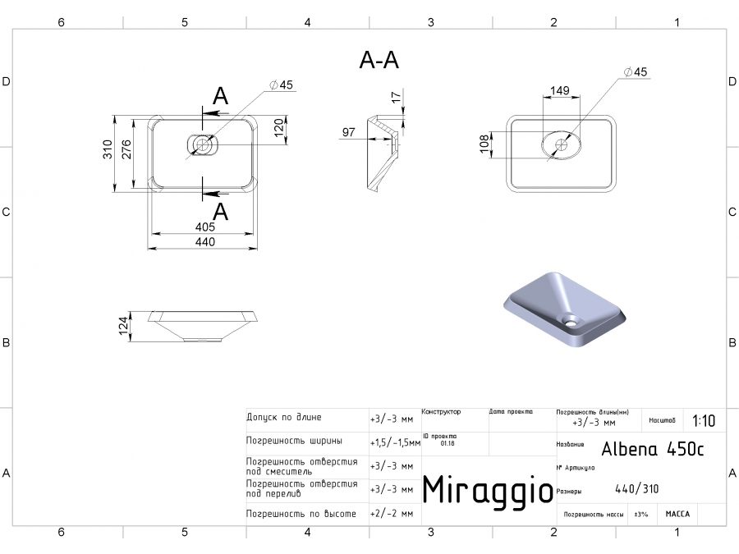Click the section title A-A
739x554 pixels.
(x=379, y=59)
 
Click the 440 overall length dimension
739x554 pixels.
(x=204, y=241)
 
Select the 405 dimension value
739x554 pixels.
(x=204, y=227)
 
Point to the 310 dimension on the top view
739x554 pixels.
(x=108, y=149)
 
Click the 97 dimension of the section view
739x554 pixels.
(x=348, y=132)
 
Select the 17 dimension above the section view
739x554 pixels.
(x=397, y=98)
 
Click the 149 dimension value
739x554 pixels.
(x=559, y=91)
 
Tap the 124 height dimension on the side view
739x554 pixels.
(x=124, y=326)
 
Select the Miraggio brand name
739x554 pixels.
(x=487, y=490)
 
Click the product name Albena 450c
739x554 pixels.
(x=652, y=449)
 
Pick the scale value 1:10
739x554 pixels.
(x=704, y=421)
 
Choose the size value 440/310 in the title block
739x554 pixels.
(x=636, y=491)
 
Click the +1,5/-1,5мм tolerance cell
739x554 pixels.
(x=395, y=442)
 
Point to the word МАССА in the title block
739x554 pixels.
(x=677, y=514)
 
